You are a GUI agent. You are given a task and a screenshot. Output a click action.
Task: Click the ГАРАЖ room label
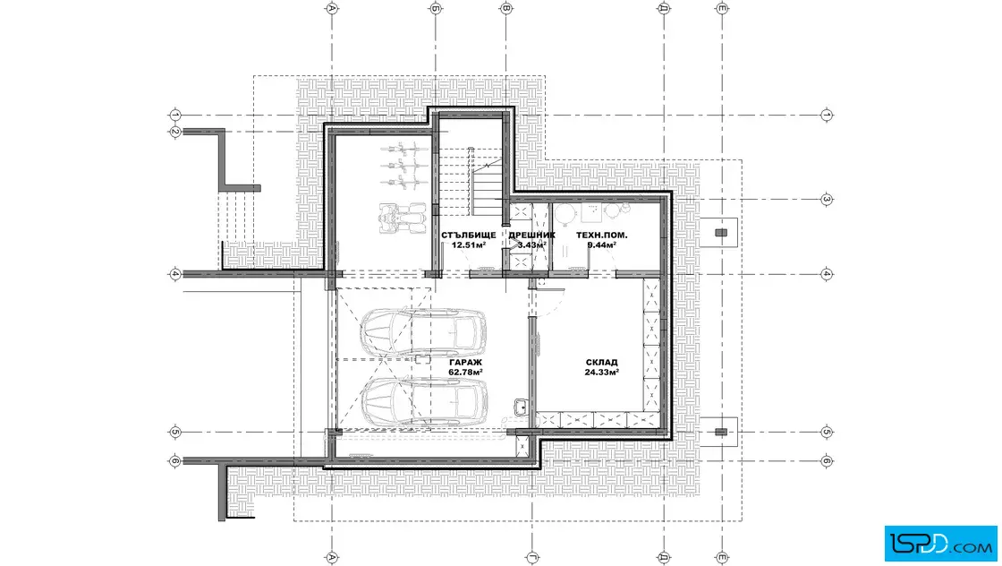pos(465,363)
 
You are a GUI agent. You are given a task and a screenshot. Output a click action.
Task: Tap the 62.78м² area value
pos(465,373)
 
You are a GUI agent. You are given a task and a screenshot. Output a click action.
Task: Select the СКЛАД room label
pos(601,363)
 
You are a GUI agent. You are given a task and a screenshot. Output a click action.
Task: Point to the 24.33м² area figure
pos(601,373)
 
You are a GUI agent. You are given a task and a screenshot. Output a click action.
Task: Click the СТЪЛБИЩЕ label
pos(469,236)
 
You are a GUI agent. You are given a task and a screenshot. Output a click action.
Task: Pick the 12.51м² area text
pos(469,245)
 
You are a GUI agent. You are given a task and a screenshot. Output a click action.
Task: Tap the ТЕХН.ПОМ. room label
pos(601,236)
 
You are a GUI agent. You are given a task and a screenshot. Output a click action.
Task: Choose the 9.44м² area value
pos(601,245)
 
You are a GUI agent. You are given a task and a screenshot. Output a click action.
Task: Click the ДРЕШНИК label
pos(531,236)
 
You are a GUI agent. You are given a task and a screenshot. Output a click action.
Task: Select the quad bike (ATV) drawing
pos(403,219)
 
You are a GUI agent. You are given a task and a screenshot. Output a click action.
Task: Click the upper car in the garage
pos(422,332)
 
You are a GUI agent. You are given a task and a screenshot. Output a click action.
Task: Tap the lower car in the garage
pos(424,401)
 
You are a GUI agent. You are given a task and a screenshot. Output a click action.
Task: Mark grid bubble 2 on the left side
pos(175,133)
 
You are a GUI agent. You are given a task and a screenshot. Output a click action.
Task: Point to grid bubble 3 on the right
pos(827,200)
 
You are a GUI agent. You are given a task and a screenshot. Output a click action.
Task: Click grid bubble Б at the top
pos(435,8)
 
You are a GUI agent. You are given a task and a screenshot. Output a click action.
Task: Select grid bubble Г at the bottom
pos(531,558)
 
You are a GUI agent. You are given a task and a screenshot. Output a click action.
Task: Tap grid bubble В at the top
pos(506,8)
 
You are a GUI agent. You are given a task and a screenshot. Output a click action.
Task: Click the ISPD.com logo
pos(940,544)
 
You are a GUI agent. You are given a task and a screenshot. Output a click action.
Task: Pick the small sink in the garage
pos(521,407)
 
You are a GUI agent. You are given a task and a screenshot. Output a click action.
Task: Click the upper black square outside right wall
pos(721,233)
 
